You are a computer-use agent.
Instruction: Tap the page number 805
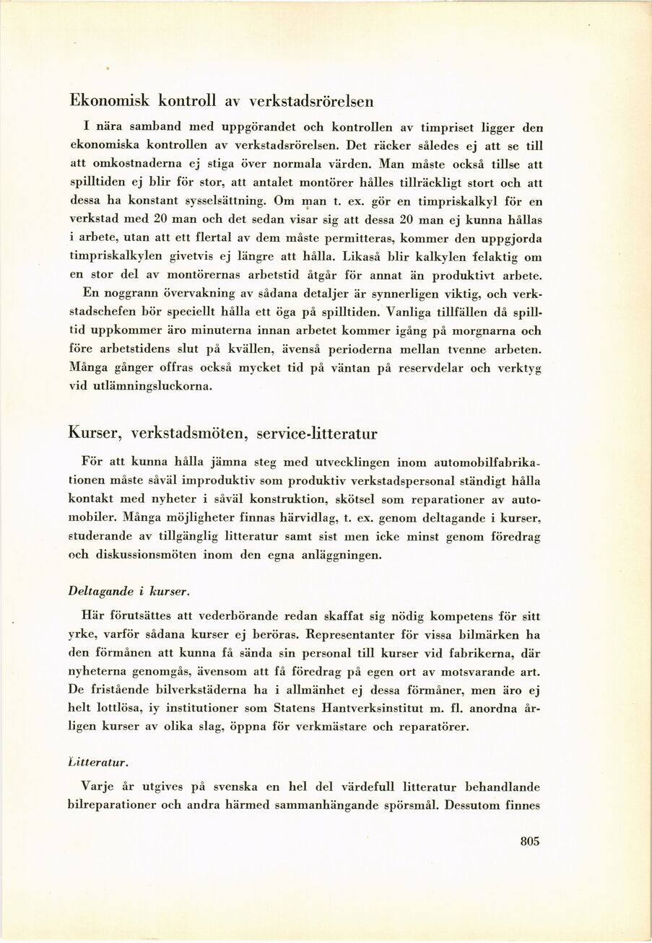[529, 841]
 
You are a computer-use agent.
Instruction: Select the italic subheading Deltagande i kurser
[129, 591]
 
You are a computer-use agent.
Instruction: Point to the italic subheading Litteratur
[99, 761]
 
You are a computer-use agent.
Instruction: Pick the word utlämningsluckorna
[154, 387]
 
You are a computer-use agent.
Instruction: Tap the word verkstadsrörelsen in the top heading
[311, 100]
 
